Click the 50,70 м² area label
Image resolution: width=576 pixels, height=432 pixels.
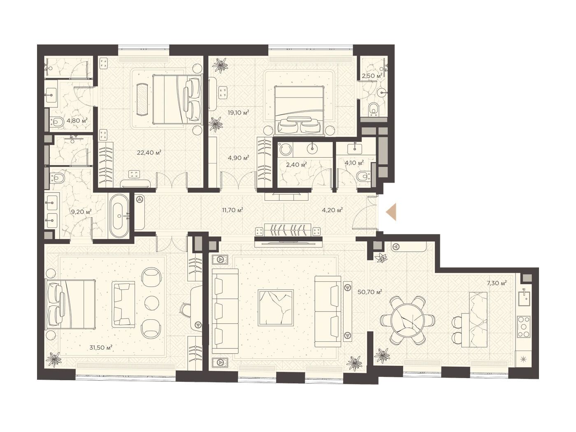369,292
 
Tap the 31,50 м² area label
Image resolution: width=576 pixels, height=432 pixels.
101,348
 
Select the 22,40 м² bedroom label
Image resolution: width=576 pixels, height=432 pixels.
149,152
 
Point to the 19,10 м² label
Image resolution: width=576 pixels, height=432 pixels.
238,113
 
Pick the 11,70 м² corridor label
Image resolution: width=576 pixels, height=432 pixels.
232,210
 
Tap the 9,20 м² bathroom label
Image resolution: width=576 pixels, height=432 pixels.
81,211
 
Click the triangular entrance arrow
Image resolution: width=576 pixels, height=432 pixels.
391,212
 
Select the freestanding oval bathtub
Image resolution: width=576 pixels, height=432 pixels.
119,216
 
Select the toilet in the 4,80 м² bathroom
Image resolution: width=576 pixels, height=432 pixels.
57,122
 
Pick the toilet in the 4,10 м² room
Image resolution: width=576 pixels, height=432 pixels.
364,176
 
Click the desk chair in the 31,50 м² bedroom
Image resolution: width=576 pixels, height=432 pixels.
186,311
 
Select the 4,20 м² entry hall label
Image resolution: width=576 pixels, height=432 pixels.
332,210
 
